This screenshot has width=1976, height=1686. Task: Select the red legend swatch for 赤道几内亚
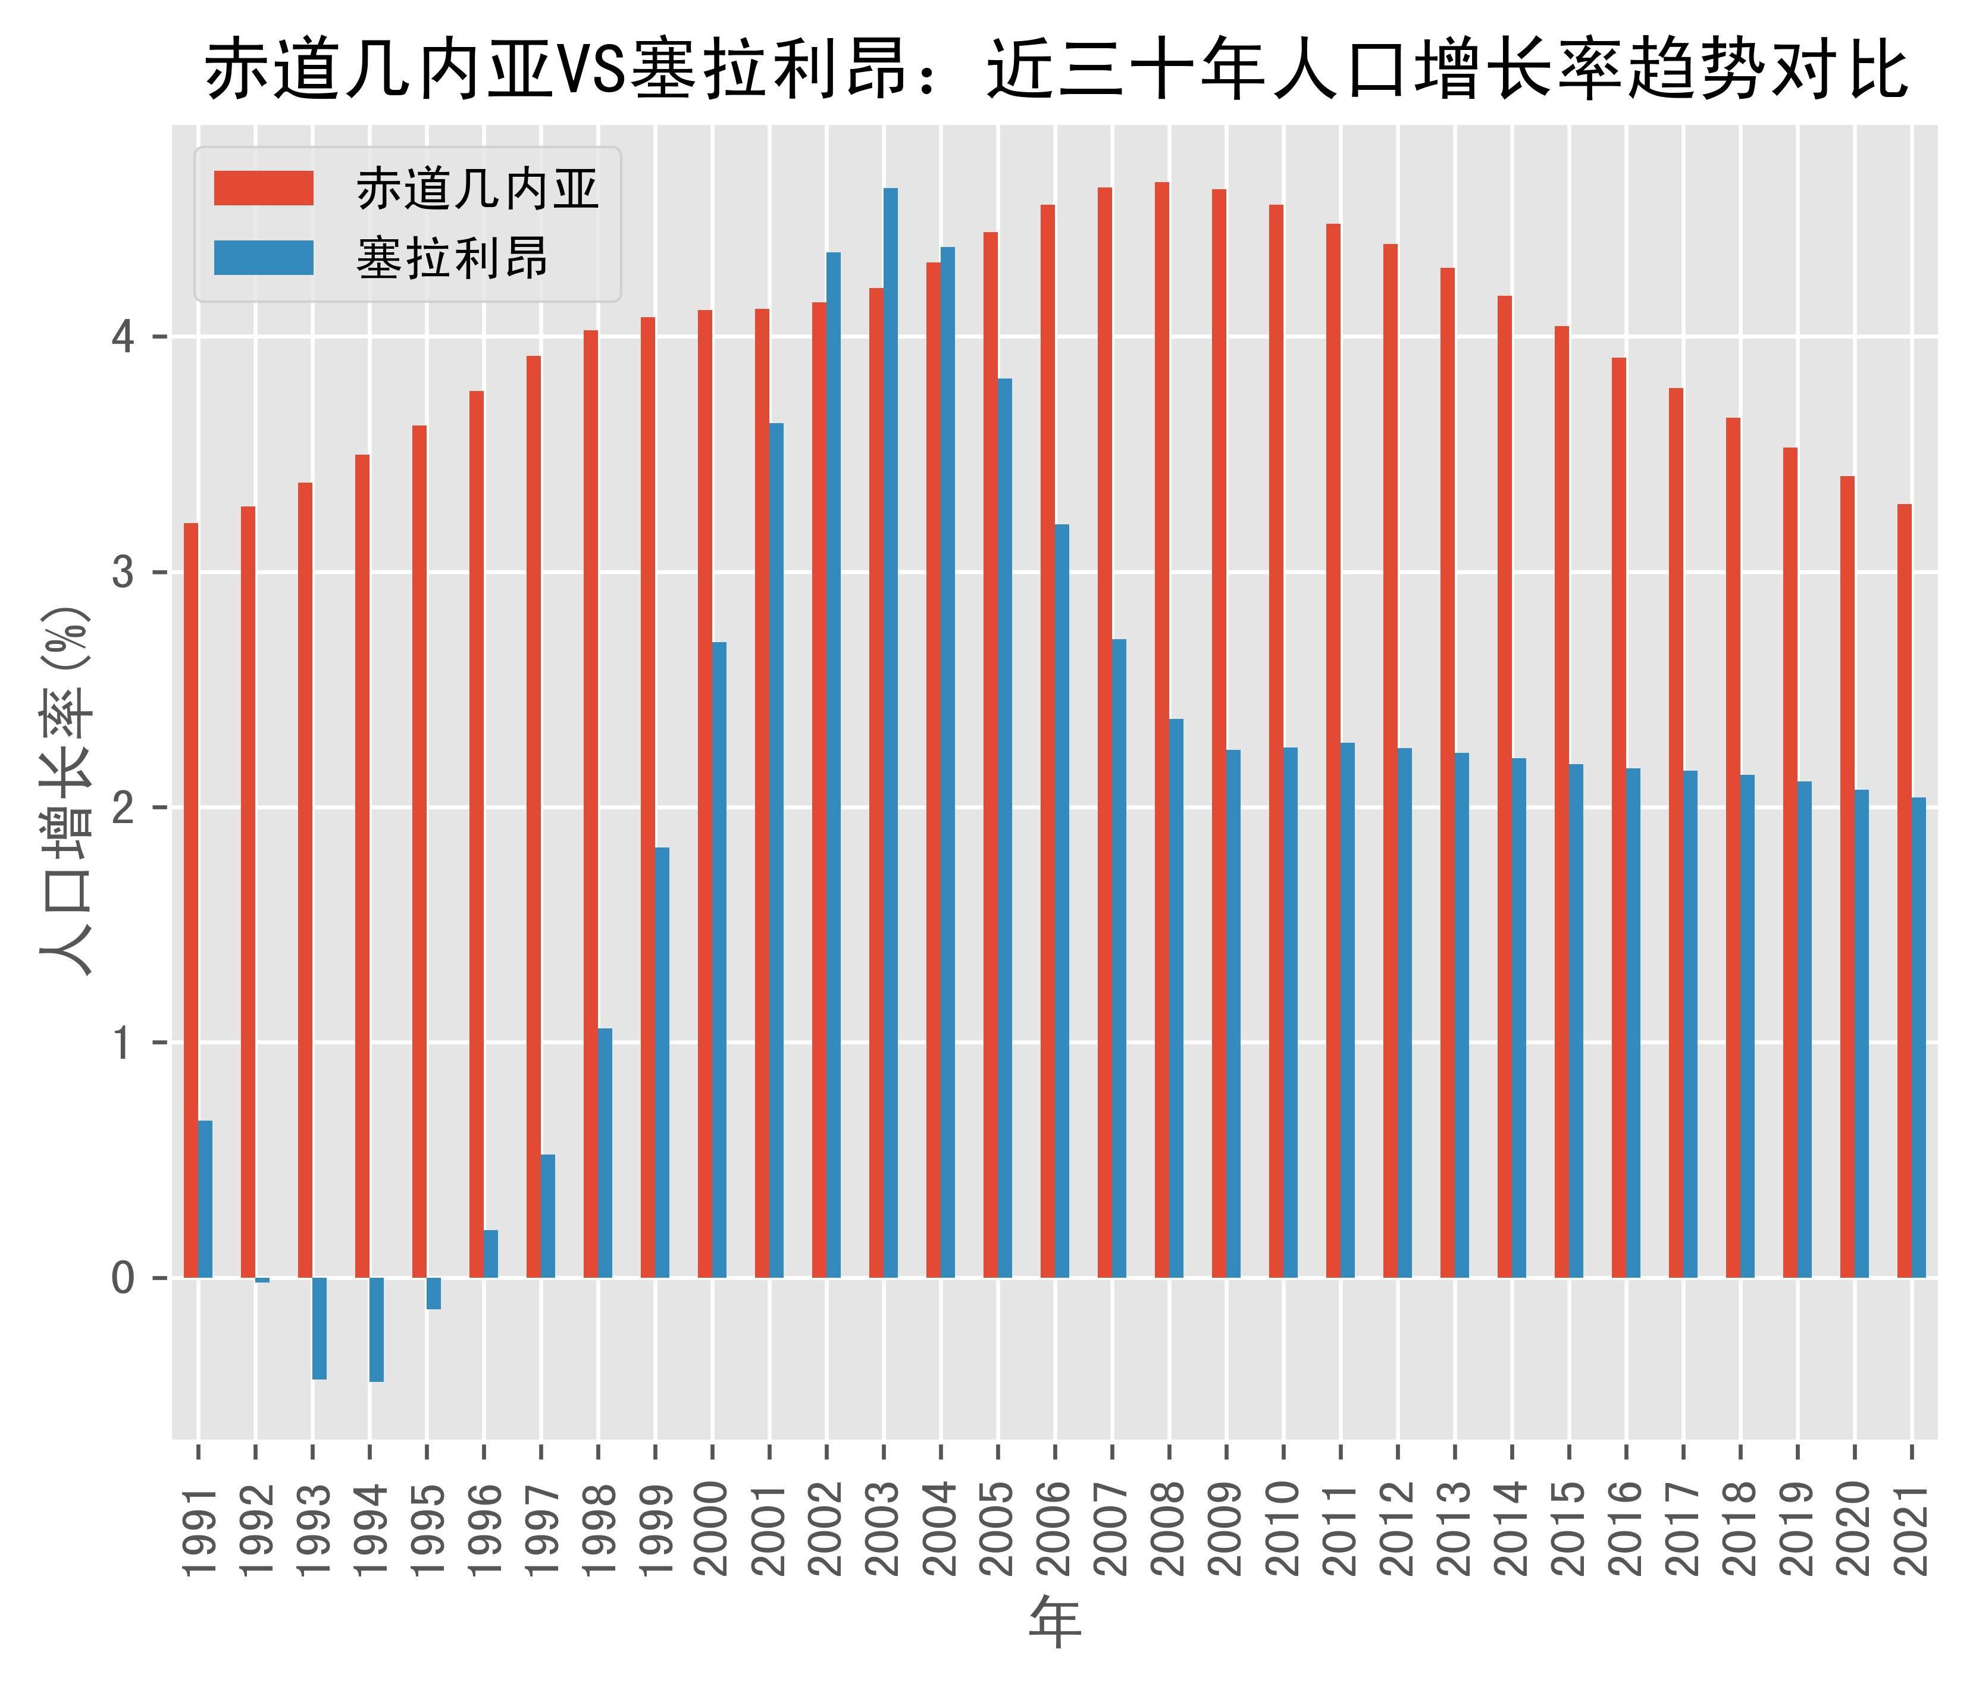[x=263, y=188]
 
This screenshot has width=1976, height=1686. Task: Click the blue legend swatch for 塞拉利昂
[x=263, y=258]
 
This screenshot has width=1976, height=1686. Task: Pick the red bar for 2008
[x=1161, y=730]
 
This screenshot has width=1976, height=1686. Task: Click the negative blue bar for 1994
[x=377, y=1330]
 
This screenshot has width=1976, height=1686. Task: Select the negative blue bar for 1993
[x=320, y=1328]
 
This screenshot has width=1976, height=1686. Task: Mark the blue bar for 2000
[x=719, y=959]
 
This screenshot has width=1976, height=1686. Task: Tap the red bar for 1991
[x=191, y=900]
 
